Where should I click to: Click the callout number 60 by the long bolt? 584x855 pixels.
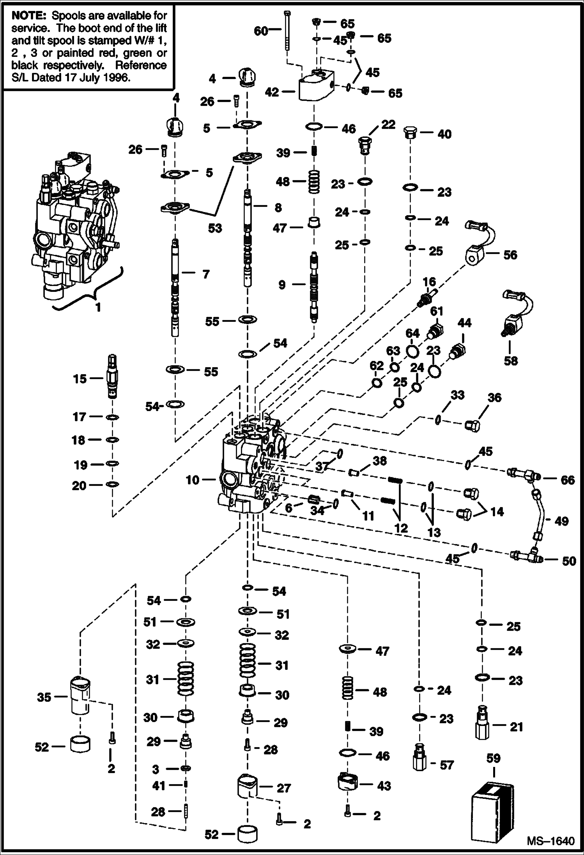260,31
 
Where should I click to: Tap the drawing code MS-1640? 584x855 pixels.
550,841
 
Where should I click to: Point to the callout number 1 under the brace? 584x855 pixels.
98,307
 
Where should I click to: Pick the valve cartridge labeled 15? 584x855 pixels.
112,376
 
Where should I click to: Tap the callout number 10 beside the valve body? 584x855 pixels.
193,480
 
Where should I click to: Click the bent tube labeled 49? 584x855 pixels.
538,514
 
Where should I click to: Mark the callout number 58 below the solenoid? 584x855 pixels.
511,360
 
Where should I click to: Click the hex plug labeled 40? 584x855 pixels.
410,133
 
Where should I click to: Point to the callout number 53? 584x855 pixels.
215,228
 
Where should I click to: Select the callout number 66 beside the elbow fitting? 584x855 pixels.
568,480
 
